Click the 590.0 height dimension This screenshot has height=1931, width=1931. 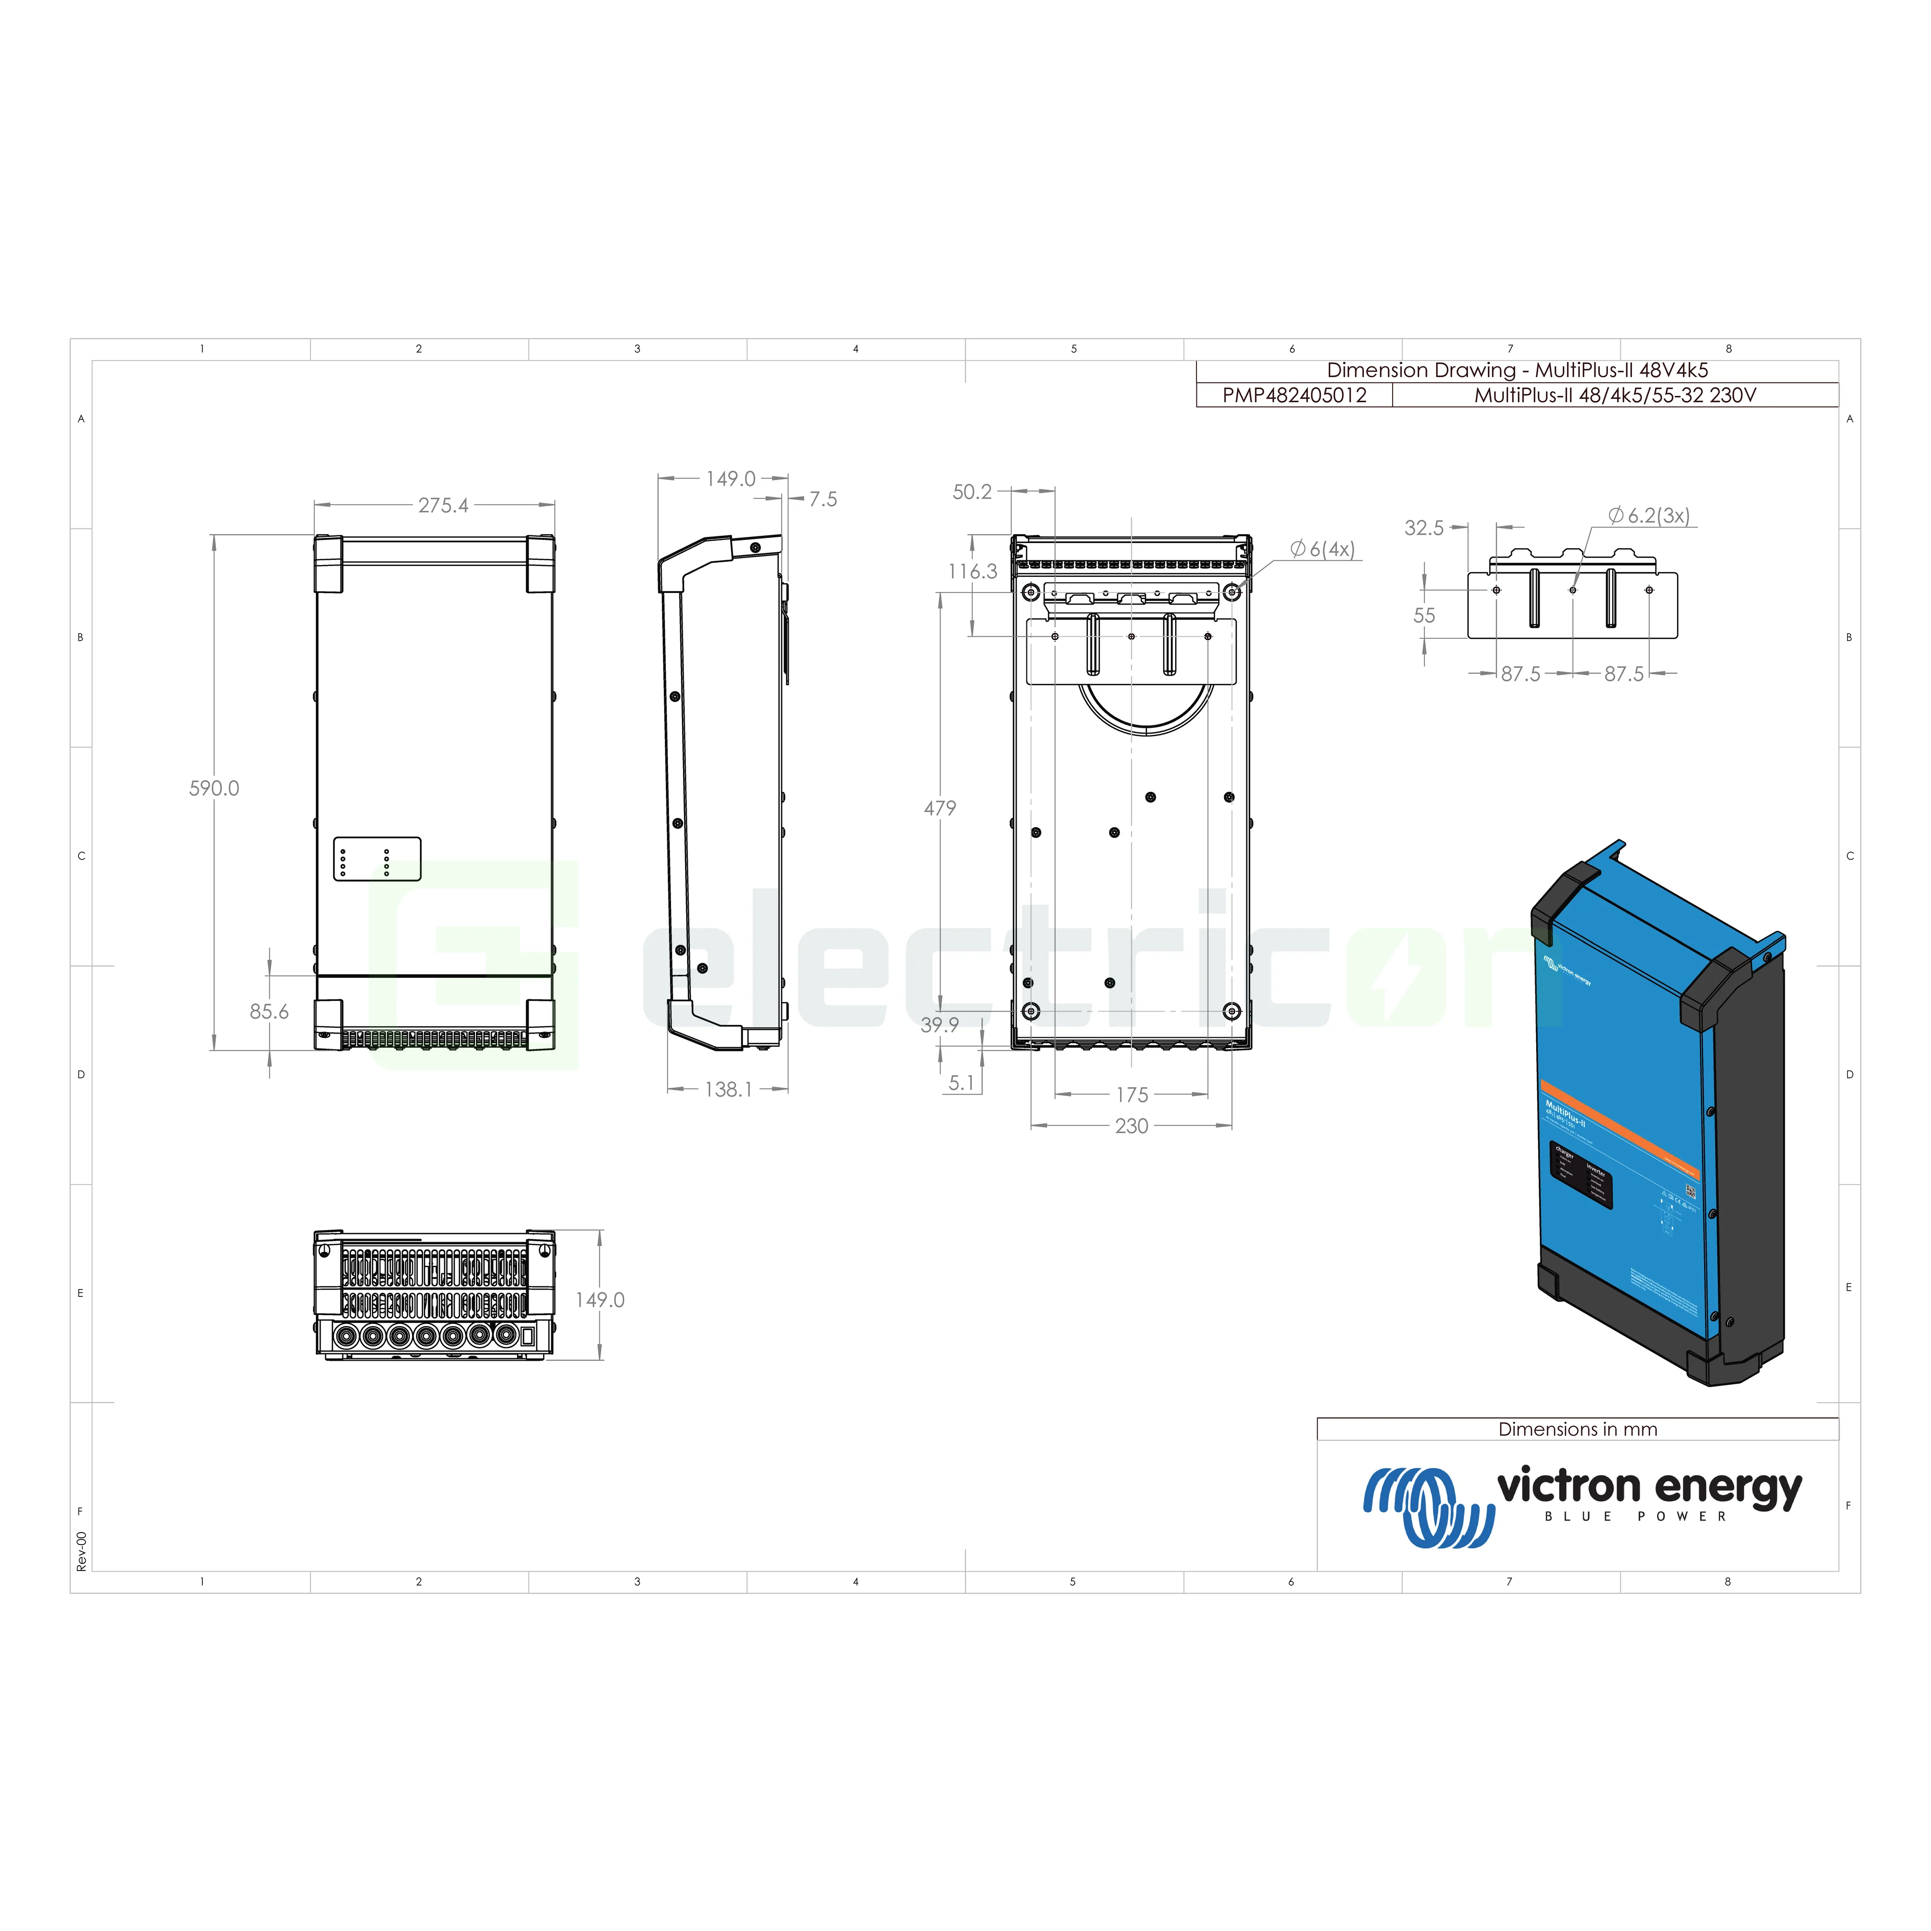pyautogui.click(x=214, y=789)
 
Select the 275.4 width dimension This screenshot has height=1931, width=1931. pyautogui.click(x=443, y=506)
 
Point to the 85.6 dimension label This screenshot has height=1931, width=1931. pyautogui.click(x=269, y=1011)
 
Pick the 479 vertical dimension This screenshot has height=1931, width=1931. pyautogui.click(x=939, y=807)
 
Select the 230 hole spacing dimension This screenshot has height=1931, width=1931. pyautogui.click(x=1131, y=1126)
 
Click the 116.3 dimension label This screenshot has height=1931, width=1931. pyautogui.click(x=972, y=572)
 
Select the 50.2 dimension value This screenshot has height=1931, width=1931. pyautogui.click(x=972, y=492)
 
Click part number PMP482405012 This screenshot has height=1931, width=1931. pyautogui.click(x=1294, y=395)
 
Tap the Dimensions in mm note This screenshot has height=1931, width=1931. pyautogui.click(x=1577, y=1429)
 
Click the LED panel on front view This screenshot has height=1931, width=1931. pyautogui.click(x=377, y=858)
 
